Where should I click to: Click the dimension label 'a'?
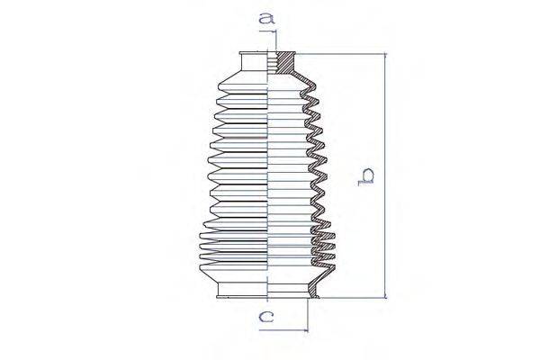(x=265, y=17)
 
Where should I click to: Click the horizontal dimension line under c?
(x=283, y=328)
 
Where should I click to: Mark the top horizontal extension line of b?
(x=342, y=54)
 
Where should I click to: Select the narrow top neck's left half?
(x=256, y=64)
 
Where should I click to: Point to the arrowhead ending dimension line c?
(x=303, y=328)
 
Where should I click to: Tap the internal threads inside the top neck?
(x=274, y=64)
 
